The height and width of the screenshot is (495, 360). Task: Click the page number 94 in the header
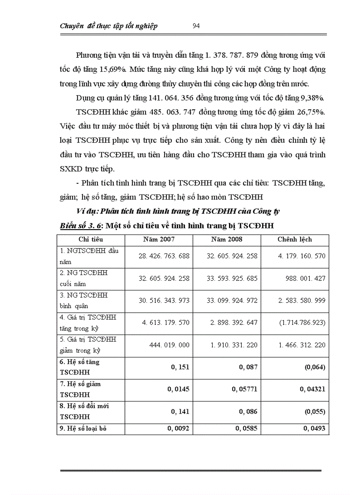click(197, 26)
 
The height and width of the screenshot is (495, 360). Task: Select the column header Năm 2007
click(159, 239)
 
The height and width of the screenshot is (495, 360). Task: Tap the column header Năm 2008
click(227, 239)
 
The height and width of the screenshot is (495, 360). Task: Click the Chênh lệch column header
click(295, 239)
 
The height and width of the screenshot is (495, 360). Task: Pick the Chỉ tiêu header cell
click(91, 239)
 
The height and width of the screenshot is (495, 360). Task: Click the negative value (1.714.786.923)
click(302, 323)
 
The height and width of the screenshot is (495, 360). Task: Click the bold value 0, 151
click(180, 367)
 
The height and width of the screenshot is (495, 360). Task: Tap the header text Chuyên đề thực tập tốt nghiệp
click(109, 26)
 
